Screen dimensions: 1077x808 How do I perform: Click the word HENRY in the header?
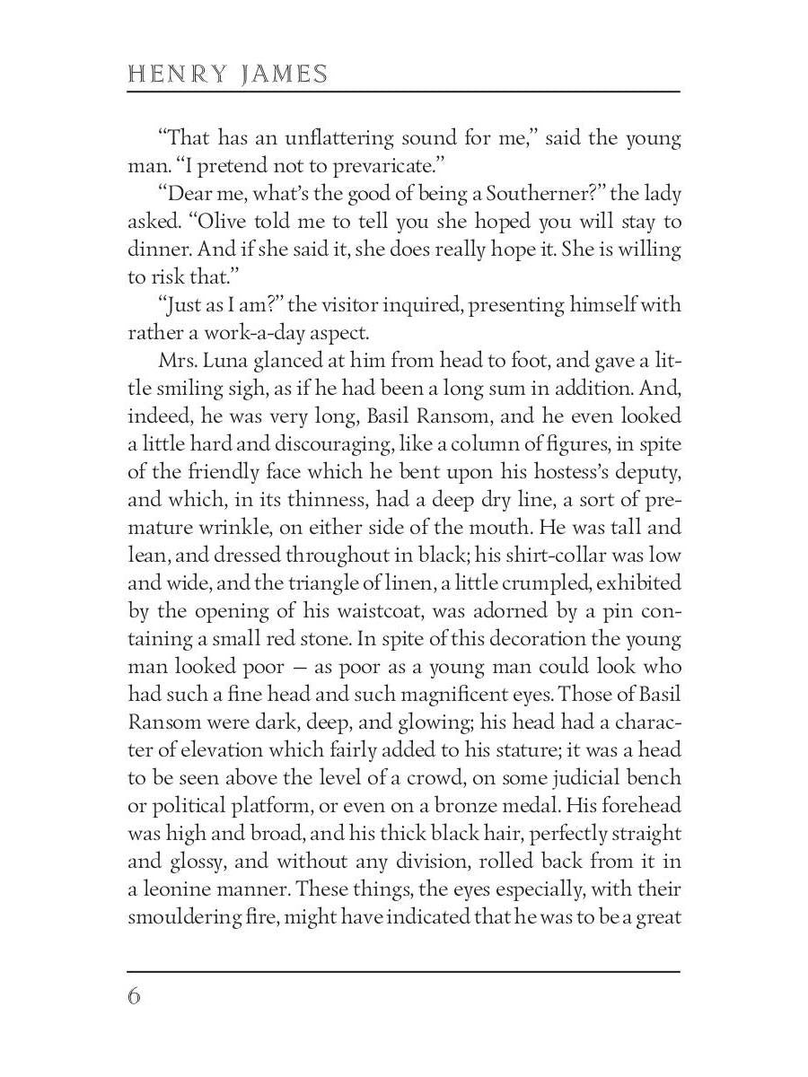[176, 74]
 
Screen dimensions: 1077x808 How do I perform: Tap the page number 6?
[135, 997]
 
